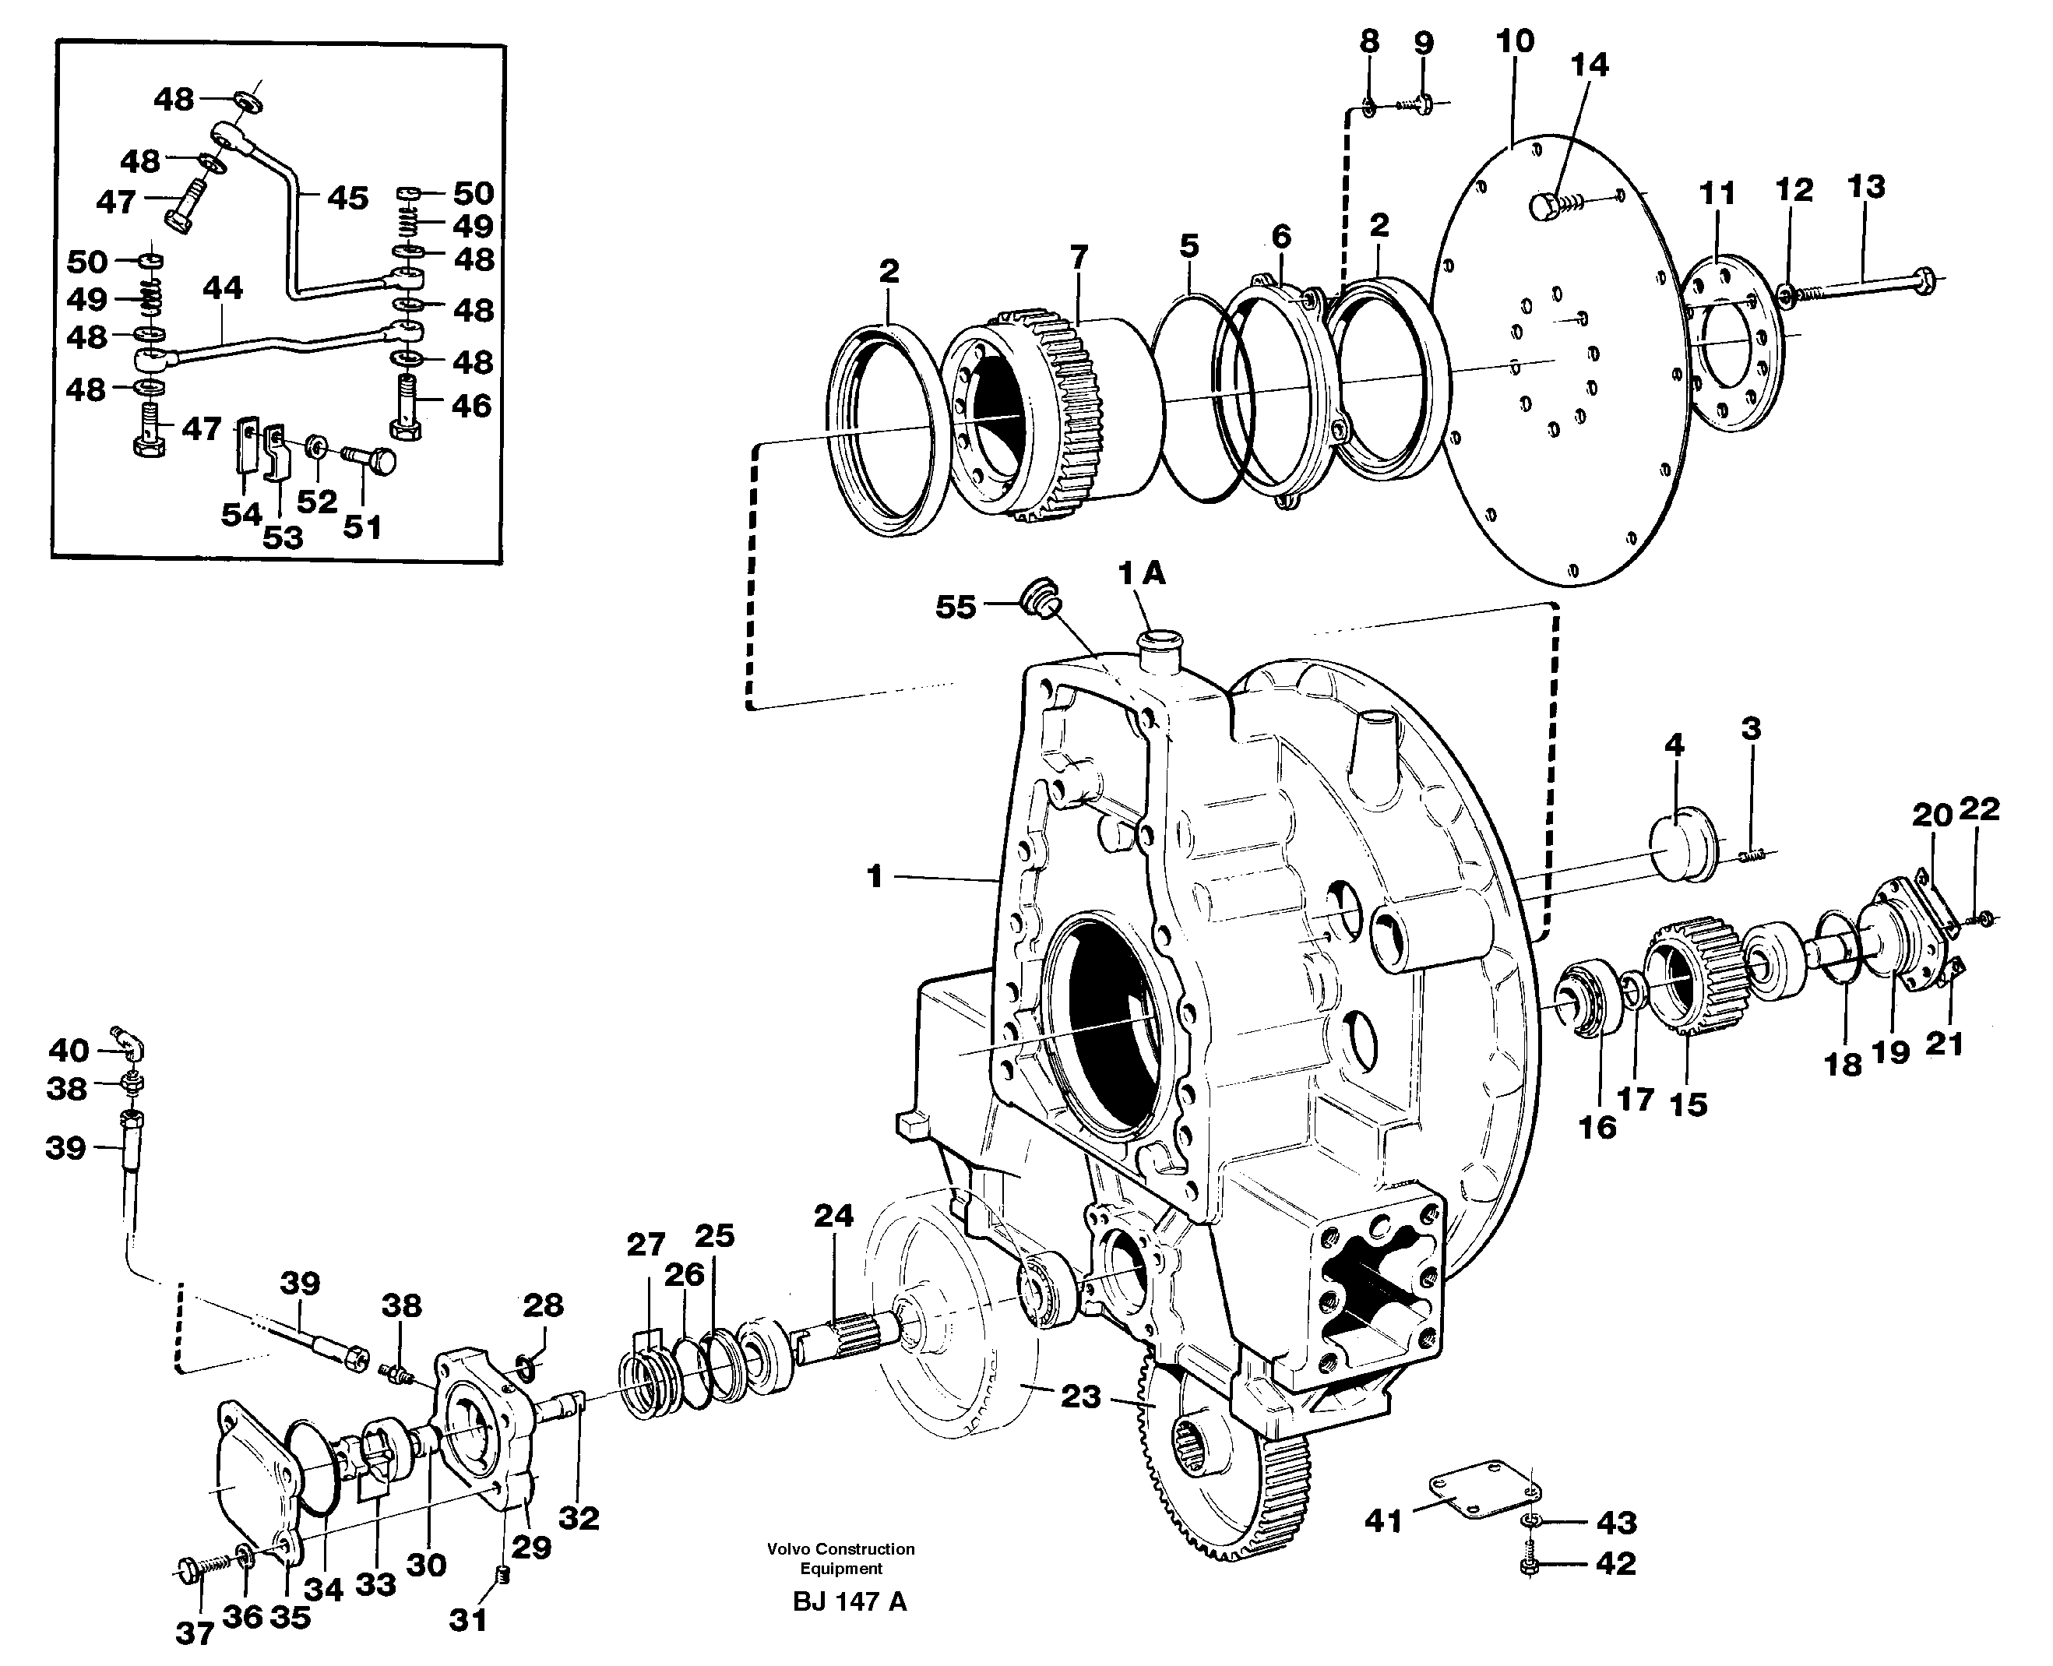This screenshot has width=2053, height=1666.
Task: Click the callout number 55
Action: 955,608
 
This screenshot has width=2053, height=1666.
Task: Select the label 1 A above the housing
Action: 1141,574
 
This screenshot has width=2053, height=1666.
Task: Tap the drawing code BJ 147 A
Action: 850,1601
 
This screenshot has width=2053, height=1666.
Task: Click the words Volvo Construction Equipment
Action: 841,1559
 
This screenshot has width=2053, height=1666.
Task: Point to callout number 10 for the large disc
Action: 1515,41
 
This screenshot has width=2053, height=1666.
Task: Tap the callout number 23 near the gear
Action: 1079,1396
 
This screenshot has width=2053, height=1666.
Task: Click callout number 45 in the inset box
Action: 347,199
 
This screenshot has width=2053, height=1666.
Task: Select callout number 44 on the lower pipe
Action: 223,288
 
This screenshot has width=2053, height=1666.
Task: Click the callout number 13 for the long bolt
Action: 1866,186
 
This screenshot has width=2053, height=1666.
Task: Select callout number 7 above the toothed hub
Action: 1078,257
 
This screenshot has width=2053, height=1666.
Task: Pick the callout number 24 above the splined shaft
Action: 833,1216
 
